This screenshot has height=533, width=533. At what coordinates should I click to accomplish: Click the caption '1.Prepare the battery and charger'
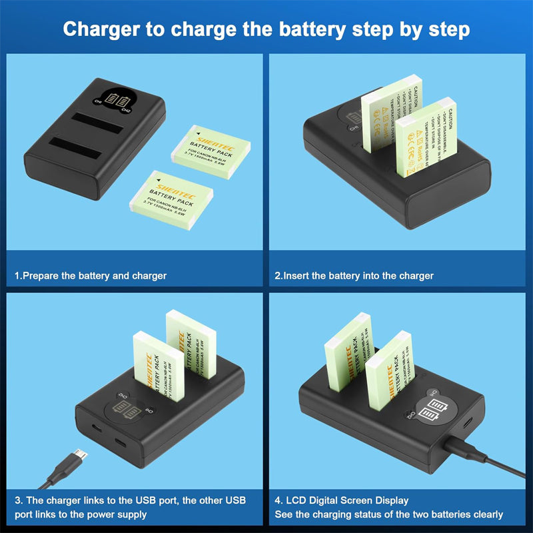point(91,275)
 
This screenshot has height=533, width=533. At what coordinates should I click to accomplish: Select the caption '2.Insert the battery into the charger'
point(354,275)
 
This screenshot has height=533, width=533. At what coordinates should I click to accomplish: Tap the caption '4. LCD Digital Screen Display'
point(342,500)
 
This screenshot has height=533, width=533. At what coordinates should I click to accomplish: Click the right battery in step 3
point(192,343)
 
